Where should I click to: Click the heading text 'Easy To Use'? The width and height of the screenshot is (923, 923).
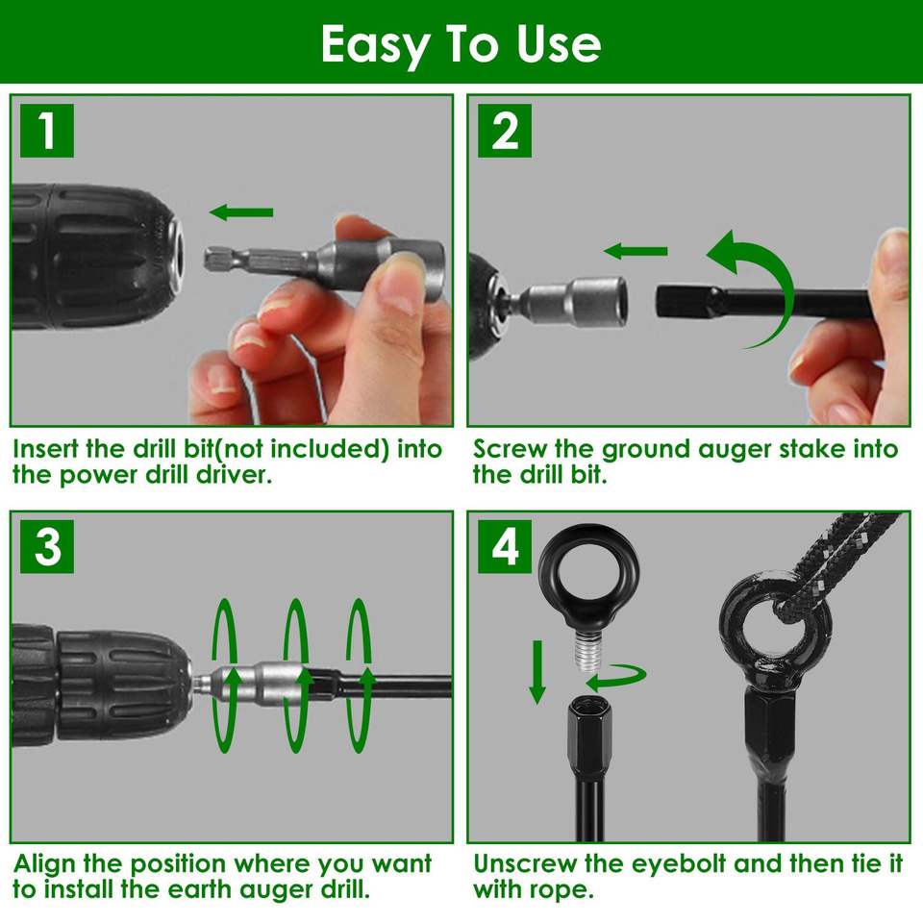[461, 45]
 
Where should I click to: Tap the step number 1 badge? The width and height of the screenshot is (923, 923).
[47, 131]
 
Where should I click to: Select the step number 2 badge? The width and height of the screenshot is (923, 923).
[505, 131]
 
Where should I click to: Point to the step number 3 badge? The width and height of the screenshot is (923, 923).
[47, 546]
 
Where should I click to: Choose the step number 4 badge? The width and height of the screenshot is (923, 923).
[505, 546]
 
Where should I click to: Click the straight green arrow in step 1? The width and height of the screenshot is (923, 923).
[241, 212]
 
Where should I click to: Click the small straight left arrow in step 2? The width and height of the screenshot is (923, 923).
[636, 251]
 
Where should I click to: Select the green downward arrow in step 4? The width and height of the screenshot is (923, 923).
[536, 672]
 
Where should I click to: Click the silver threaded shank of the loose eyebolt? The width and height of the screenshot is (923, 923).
[586, 650]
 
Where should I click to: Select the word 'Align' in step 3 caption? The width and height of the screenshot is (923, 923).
[45, 864]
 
